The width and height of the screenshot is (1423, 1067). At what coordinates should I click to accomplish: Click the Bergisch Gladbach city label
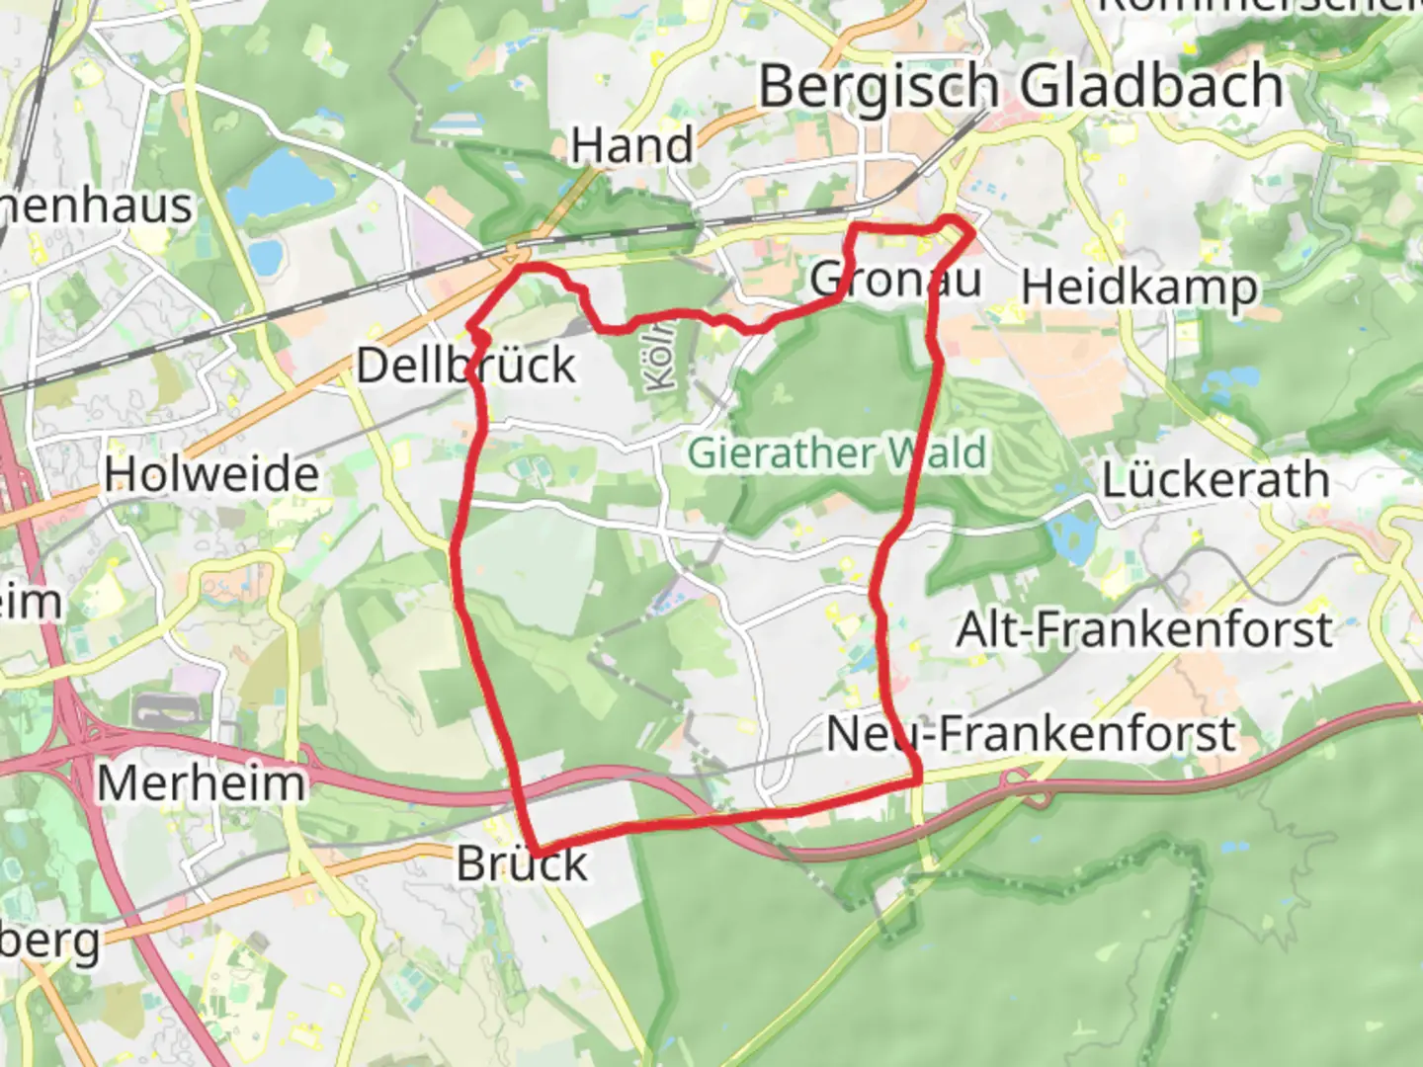click(1020, 87)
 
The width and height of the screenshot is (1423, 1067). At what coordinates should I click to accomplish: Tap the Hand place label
click(632, 146)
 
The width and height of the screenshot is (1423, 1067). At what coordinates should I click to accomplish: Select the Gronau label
click(895, 280)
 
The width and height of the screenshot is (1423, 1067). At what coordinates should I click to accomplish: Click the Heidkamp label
click(1139, 287)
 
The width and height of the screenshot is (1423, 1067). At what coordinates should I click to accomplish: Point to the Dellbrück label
click(465, 366)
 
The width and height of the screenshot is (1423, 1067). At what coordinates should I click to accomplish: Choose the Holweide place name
click(211, 474)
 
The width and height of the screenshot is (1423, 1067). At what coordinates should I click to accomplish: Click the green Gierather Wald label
click(837, 453)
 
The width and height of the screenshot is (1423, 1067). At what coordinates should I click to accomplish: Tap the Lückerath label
click(1215, 480)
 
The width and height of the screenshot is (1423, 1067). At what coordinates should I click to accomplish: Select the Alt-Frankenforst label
click(1144, 629)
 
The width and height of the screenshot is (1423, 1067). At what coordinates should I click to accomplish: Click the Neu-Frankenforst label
click(1031, 734)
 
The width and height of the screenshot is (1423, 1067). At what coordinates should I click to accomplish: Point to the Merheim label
click(202, 783)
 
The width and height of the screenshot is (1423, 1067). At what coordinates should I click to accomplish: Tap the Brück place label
click(522, 864)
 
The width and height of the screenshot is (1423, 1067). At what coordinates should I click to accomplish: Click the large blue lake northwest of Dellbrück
click(280, 183)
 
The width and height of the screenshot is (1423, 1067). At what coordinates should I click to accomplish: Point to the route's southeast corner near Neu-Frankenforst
click(917, 779)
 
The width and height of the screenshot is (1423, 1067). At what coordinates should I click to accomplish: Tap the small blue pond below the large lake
click(264, 256)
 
